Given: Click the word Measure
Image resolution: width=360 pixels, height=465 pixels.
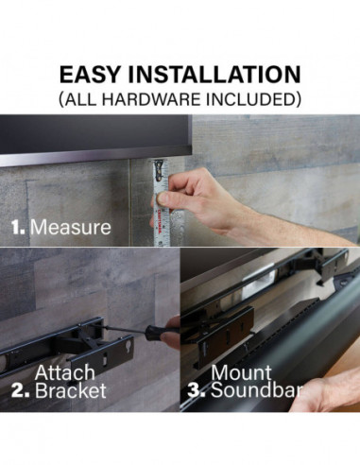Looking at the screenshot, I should click(x=72, y=228).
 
